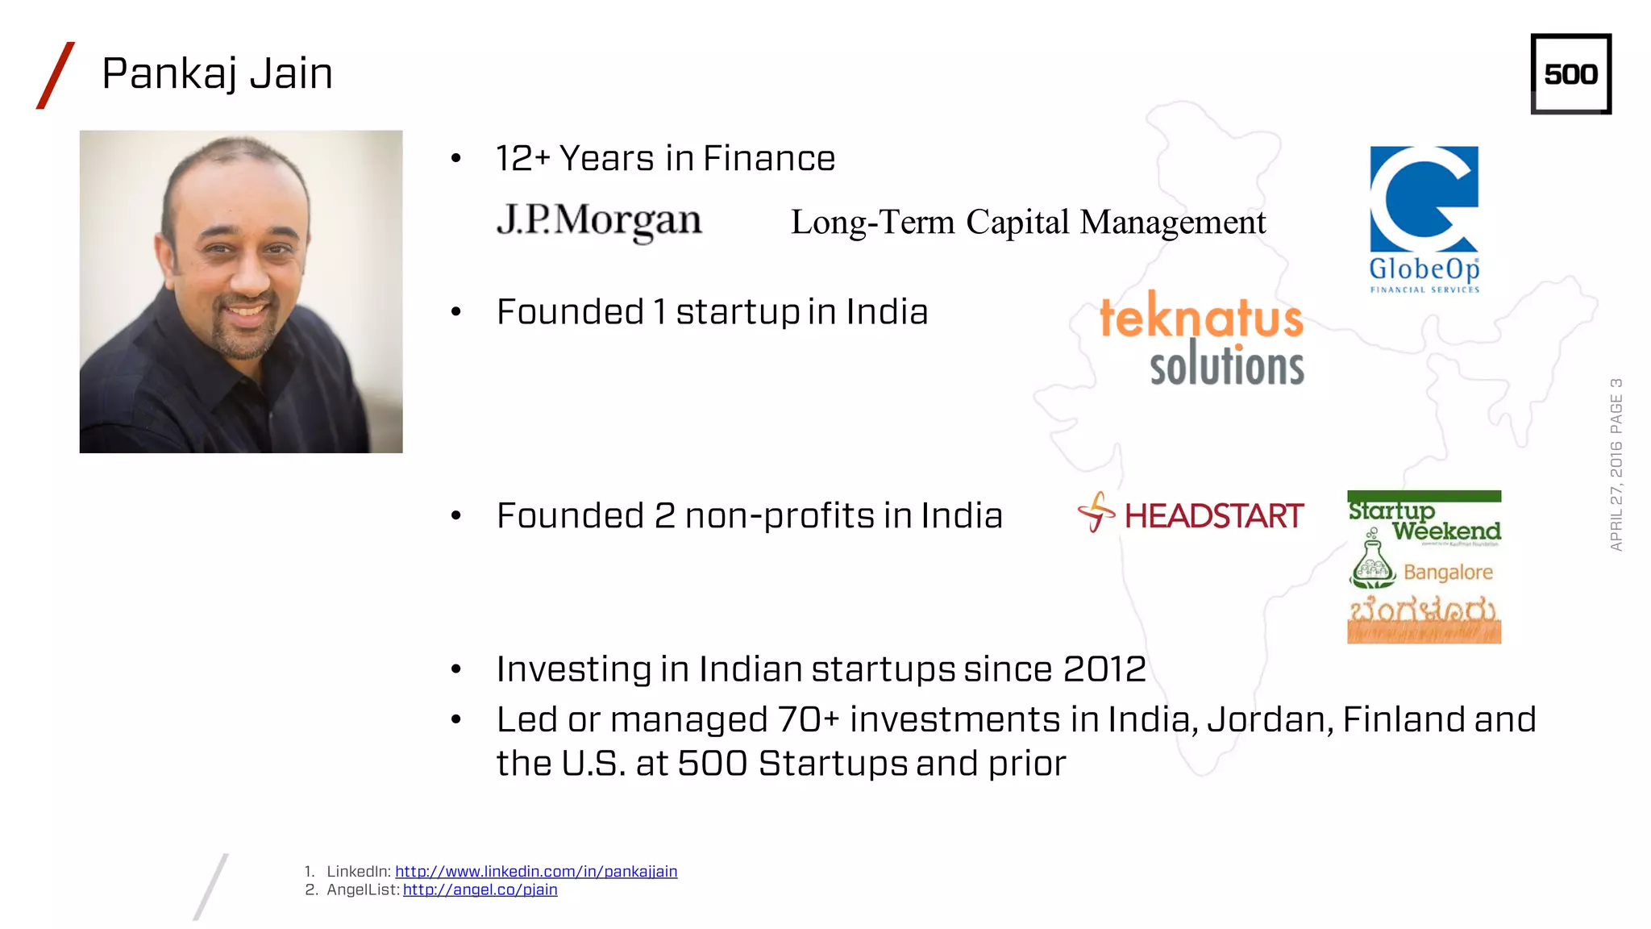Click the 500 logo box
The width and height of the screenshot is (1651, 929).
coord(1570,74)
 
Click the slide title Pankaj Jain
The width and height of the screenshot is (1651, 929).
coord(217,73)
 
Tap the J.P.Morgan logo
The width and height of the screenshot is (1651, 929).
coord(599,220)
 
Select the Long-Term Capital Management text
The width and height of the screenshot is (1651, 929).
coord(1028,223)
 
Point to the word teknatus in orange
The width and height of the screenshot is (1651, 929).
coord(1201,317)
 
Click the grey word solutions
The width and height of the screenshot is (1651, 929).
coord(1226,366)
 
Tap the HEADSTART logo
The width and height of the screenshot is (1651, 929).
coord(1191,514)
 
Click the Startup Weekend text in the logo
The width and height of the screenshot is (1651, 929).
coord(1424,521)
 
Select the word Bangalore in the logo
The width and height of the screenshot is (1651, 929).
coord(1448,572)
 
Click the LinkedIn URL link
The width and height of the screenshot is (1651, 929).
coord(536,871)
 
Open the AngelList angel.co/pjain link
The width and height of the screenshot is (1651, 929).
coord(480,889)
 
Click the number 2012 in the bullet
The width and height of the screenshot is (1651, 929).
coord(1104,669)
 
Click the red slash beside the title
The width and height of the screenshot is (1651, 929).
coord(56,75)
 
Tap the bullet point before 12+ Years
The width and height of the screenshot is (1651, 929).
coord(456,158)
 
